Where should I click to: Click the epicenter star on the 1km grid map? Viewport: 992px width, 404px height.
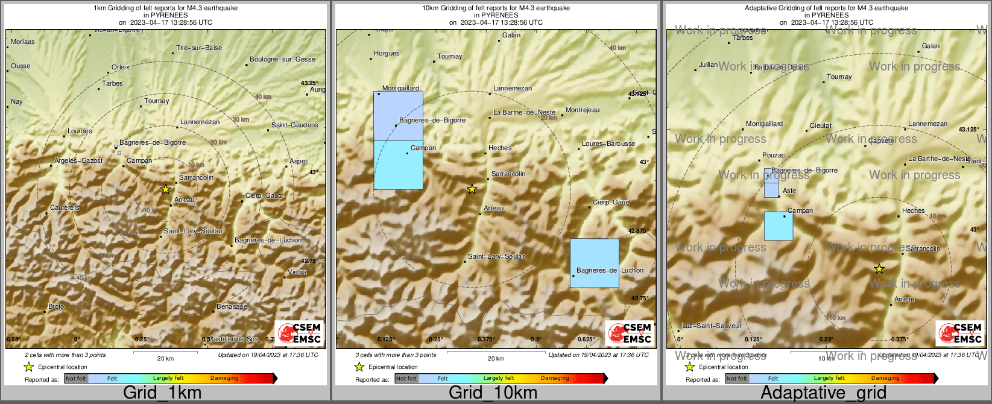(165, 189)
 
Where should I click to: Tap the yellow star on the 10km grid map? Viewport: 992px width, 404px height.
(472, 189)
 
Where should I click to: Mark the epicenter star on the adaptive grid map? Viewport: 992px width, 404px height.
(879, 268)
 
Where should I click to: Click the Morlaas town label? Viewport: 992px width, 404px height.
(23, 42)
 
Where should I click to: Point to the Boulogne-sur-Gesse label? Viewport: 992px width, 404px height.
(282, 60)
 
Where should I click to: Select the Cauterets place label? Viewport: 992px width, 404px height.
(65, 208)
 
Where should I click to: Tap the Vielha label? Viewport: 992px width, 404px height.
(297, 273)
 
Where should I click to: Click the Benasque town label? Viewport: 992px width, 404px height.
(232, 307)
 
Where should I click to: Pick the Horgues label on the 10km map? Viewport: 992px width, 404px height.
(387, 54)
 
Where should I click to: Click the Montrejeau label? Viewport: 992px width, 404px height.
(583, 110)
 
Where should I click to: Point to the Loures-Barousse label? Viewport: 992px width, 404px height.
(608, 144)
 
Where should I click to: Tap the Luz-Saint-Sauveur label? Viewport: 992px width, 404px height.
(712, 326)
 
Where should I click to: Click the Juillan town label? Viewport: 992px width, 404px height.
(708, 65)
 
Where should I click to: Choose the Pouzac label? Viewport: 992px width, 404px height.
(774, 156)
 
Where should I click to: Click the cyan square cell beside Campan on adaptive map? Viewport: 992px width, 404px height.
(778, 226)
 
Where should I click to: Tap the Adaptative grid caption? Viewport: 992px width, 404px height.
(823, 393)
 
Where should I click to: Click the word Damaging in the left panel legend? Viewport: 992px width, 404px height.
(224, 379)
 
